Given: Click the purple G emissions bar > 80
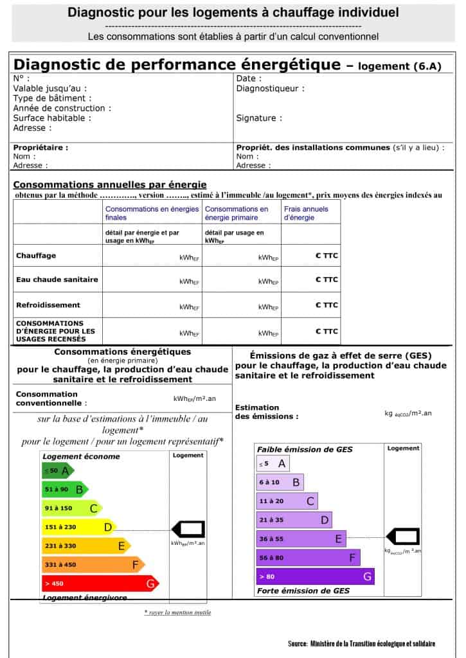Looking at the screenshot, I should (x=314, y=576).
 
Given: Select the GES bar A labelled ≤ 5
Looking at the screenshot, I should (x=273, y=463).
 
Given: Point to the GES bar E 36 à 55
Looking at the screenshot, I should (x=300, y=539).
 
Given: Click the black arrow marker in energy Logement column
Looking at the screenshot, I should (x=188, y=529).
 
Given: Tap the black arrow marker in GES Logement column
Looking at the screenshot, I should (x=402, y=537).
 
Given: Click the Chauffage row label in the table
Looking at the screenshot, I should (x=36, y=256).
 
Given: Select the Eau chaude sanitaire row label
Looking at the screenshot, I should (x=57, y=280).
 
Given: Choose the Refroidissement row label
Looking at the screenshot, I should (x=48, y=305).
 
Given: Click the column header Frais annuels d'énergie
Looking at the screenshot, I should (x=307, y=213).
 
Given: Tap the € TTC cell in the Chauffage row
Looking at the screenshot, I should (x=327, y=256).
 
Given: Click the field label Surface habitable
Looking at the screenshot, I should (x=52, y=118).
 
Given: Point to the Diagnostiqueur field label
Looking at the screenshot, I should (x=271, y=89).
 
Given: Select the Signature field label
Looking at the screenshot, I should (x=259, y=118).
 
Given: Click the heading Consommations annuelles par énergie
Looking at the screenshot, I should (x=110, y=184).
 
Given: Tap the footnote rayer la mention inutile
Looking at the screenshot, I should (x=177, y=612).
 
